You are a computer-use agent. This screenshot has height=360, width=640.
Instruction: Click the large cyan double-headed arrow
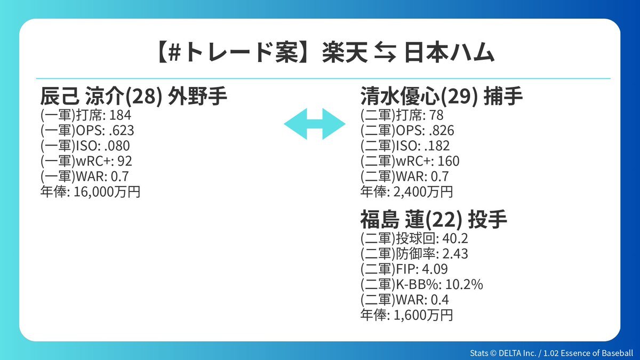tap(315, 124)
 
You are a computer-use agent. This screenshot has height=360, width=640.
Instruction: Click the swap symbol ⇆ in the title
tap(386, 52)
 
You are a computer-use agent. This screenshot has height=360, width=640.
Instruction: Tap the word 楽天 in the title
tap(345, 52)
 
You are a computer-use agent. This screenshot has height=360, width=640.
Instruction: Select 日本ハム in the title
tap(449, 52)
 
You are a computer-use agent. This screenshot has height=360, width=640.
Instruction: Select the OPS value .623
tap(122, 131)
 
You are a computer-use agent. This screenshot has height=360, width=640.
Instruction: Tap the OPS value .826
tap(442, 131)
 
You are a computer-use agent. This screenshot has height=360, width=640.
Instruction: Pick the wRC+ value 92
tap(125, 161)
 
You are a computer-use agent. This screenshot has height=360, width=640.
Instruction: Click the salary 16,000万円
tap(107, 191)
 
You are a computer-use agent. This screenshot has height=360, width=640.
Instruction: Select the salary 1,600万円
tap(423, 315)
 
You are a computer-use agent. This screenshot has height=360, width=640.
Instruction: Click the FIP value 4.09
tap(435, 269)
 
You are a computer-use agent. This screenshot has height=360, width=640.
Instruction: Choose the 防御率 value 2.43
tap(455, 254)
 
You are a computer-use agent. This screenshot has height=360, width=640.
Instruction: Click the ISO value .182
tap(437, 146)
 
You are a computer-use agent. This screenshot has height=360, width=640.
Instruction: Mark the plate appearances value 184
tap(121, 115)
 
